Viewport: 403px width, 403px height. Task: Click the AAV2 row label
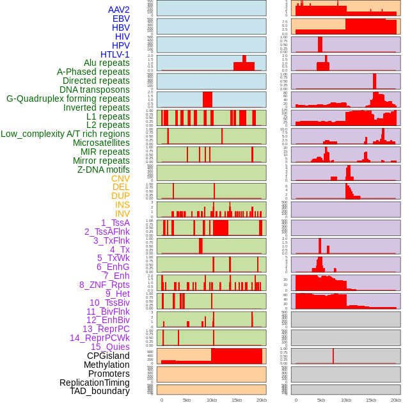tap(118, 10)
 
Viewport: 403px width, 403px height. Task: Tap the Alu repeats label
tap(106, 63)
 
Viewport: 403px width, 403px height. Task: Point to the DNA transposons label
tap(95, 90)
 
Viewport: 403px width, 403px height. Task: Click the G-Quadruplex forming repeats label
tap(68, 99)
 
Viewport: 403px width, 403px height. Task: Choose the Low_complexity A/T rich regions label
tap(65, 134)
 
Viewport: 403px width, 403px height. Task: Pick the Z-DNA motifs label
tap(103, 170)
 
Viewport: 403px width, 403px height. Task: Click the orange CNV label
tap(120, 178)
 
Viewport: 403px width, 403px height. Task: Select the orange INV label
tap(122, 214)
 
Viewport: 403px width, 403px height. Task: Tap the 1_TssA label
tap(115, 223)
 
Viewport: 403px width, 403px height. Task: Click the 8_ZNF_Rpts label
tap(104, 285)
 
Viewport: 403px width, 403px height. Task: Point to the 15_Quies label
tap(110, 347)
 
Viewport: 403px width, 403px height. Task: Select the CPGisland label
tap(108, 356)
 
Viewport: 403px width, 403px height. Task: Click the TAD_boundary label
tap(99, 391)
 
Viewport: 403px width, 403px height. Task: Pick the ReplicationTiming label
tap(94, 383)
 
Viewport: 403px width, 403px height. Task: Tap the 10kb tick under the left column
tap(211, 400)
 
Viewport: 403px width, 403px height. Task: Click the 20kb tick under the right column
tap(396, 400)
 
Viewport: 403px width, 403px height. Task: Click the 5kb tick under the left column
tap(186, 400)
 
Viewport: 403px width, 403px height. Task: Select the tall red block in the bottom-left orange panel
tap(236, 356)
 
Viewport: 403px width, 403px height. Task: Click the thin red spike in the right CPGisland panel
tap(333, 356)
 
